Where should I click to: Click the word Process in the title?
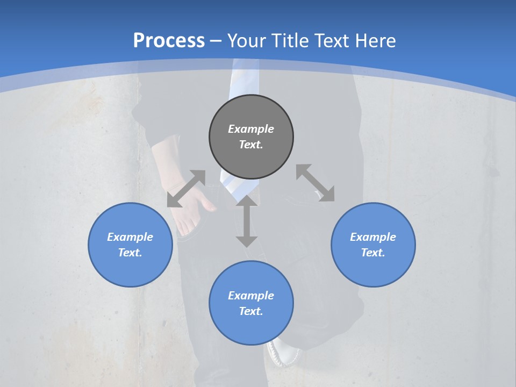tap(169, 41)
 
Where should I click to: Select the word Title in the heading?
tap(289, 41)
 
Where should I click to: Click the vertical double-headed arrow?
tap(247, 221)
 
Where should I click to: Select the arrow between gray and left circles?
tap(186, 189)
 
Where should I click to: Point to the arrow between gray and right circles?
tap(316, 183)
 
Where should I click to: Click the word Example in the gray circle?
tap(251, 129)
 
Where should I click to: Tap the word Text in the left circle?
tap(130, 253)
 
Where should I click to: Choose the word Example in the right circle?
tap(373, 237)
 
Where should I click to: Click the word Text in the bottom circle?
tap(251, 311)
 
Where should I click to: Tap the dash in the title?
tap(216, 41)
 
